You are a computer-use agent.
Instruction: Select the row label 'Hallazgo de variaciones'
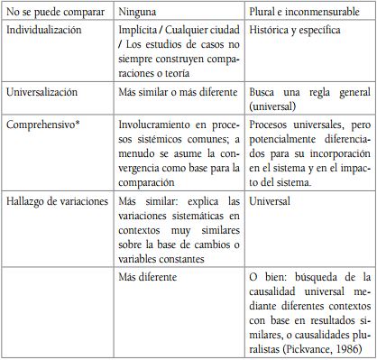click(59, 196)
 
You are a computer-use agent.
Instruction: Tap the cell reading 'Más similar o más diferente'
click(177, 92)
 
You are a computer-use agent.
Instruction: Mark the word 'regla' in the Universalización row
click(315, 92)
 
